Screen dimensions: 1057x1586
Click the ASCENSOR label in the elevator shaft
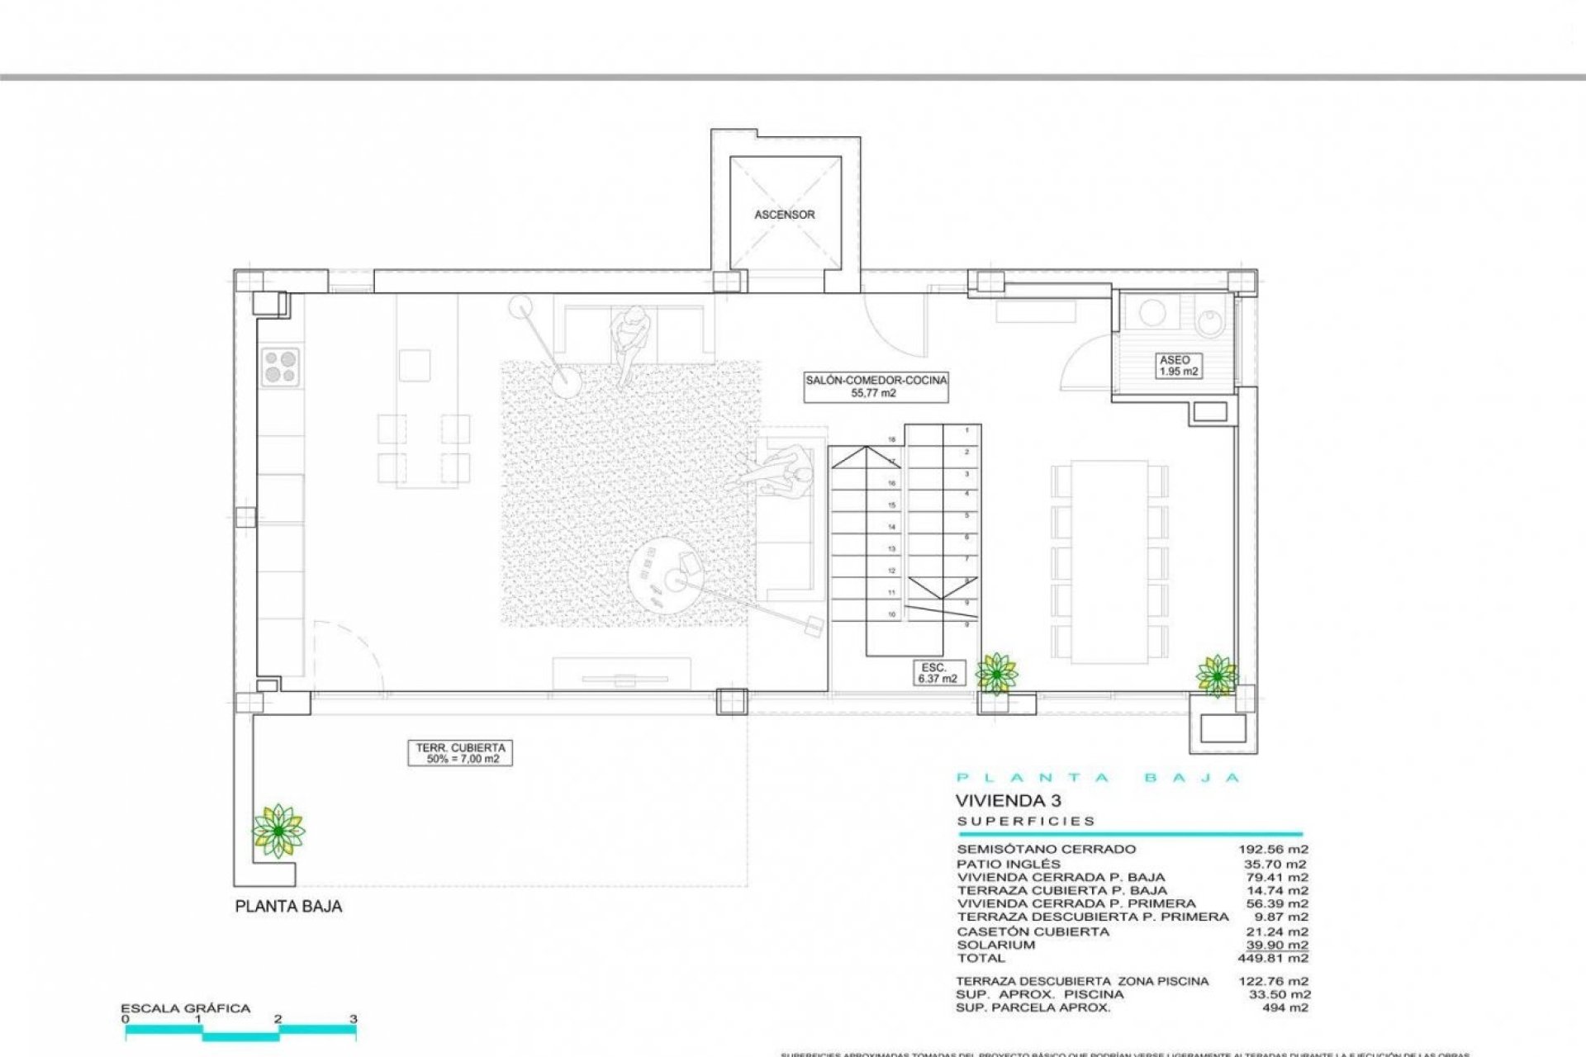click(784, 215)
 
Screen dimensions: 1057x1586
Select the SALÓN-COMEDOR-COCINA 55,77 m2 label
click(876, 386)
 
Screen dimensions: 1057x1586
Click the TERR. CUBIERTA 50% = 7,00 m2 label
click(458, 753)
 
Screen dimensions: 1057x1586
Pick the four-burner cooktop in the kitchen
click(281, 367)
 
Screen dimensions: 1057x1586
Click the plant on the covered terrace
click(278, 830)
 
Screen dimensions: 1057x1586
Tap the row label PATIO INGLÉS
click(1009, 864)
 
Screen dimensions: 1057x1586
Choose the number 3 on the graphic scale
click(354, 1019)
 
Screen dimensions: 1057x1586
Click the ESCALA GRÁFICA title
click(185, 1008)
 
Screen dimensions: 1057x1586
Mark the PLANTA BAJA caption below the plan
click(288, 907)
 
